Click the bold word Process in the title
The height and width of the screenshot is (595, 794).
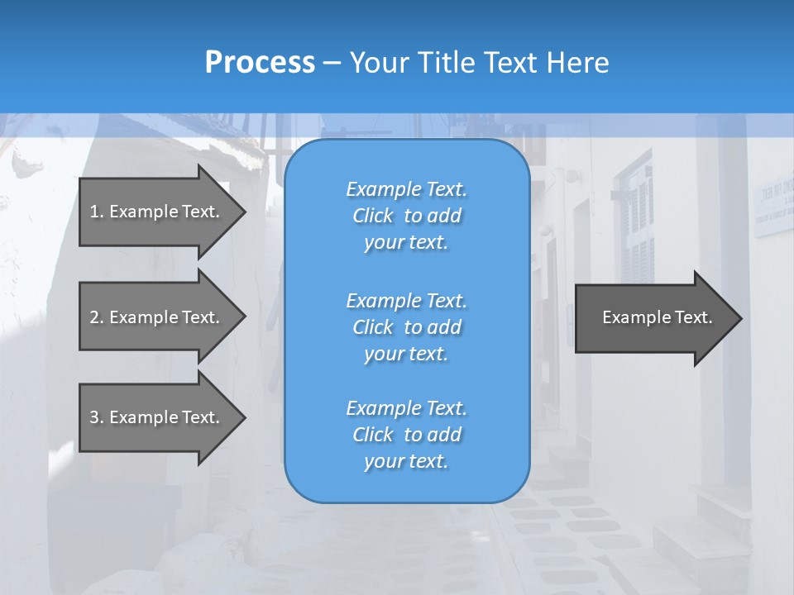[x=260, y=62]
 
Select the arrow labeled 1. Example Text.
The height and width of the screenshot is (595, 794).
[x=155, y=212]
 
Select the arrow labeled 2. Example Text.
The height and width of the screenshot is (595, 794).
[x=155, y=317]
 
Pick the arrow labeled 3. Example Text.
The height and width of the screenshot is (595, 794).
[x=155, y=417]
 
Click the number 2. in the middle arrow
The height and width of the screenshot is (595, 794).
[x=96, y=317]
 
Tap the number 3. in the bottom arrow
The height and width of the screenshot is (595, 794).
[x=96, y=417]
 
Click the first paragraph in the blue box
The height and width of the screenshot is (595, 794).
[x=406, y=216]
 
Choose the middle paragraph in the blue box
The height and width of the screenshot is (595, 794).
[x=406, y=326]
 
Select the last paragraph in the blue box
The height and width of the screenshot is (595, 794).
[x=406, y=435]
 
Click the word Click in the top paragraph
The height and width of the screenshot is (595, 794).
[x=373, y=216]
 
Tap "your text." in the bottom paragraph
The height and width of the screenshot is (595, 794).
[x=406, y=461]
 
